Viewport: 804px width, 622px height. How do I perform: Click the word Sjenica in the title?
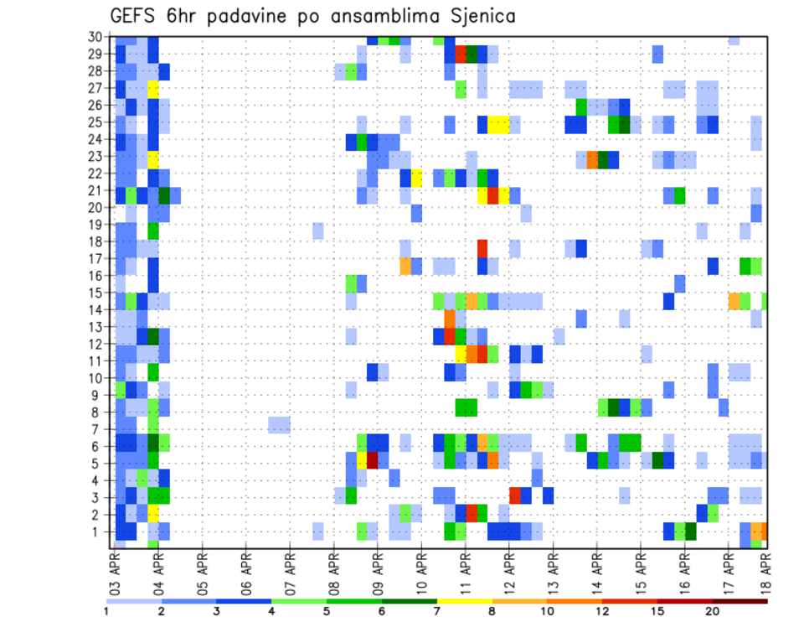474,17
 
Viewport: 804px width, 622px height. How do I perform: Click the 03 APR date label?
116,568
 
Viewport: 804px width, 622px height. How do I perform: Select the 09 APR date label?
379,568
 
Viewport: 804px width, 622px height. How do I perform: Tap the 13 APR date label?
553,568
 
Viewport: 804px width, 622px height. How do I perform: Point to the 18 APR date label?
765,568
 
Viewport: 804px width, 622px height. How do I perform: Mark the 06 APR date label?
246,568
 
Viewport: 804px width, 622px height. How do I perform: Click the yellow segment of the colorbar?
464,600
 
